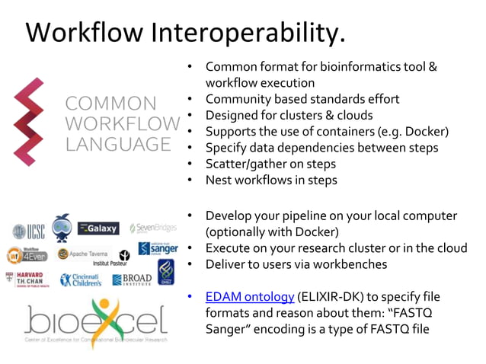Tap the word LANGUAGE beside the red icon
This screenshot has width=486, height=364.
pos(117,144)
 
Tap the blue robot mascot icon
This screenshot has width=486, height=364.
pos(62,228)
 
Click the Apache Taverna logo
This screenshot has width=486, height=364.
pos(84,254)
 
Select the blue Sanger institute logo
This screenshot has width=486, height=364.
pos(158,248)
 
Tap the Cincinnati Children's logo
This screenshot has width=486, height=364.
pos(80,279)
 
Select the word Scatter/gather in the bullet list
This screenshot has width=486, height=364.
pos(248,164)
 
